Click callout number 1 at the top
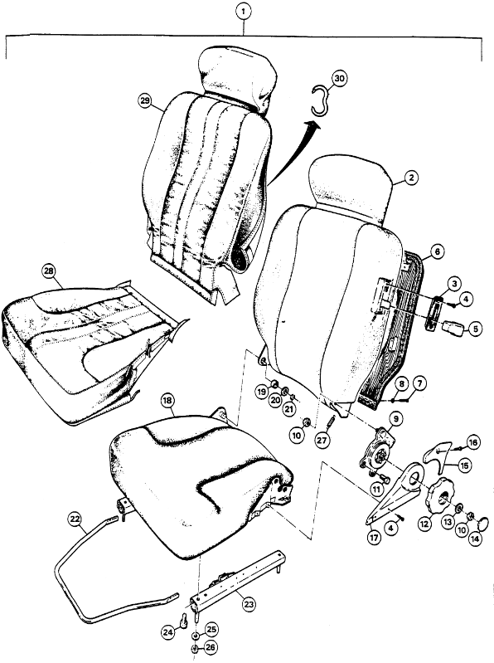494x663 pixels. pos(243,12)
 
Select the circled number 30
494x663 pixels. pos(338,79)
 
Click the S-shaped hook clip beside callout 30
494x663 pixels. pos(317,101)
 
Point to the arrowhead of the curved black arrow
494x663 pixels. pos(312,124)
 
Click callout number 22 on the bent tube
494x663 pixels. pos(75,519)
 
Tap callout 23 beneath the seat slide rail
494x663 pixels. pos(248,604)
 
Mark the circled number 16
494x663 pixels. pos(473,441)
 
